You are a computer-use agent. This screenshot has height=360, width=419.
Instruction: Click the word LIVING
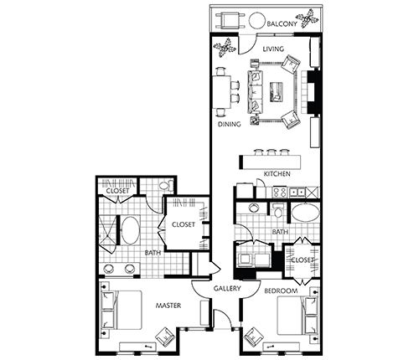click(274, 49)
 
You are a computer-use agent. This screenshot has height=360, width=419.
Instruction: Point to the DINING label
click(230, 125)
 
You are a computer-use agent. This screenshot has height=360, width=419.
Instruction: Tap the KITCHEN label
click(277, 173)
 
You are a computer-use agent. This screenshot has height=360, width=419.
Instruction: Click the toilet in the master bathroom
click(166, 186)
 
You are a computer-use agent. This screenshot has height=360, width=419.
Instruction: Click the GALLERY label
click(226, 289)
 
